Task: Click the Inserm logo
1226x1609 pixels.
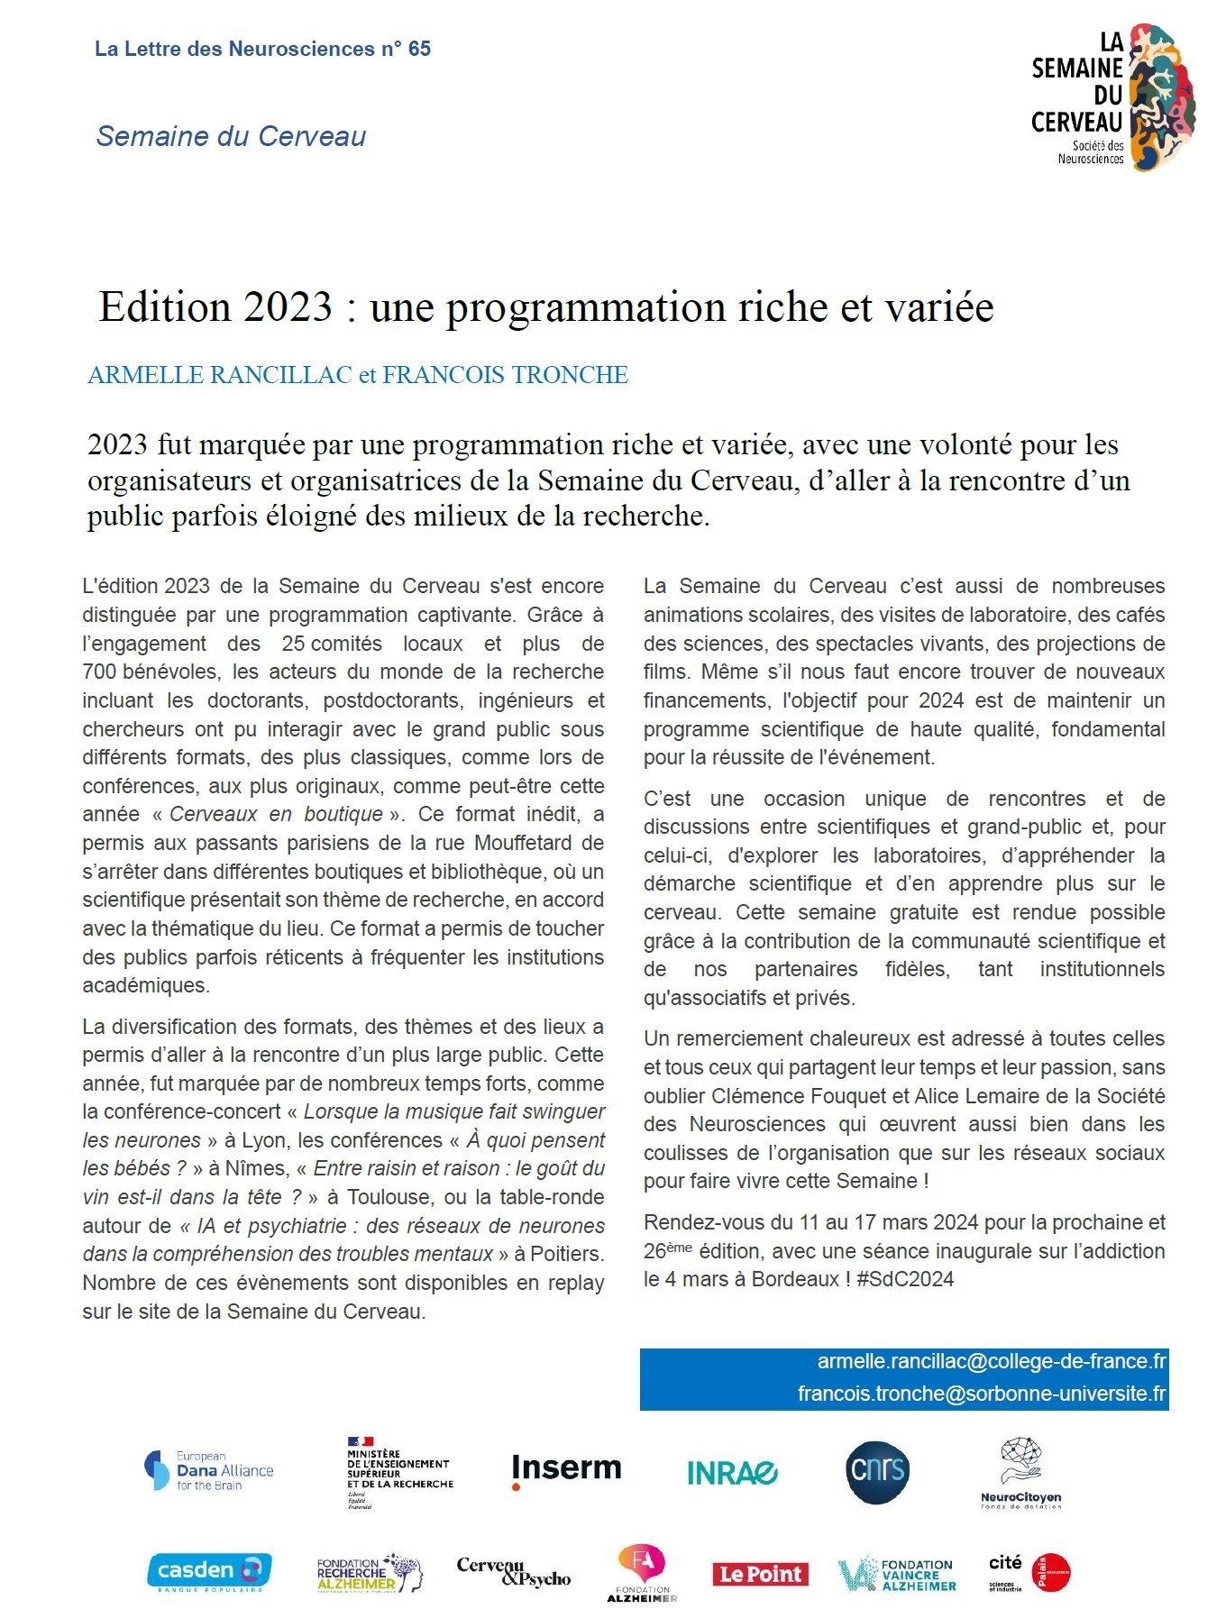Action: (566, 1469)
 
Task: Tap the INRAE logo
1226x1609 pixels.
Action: (732, 1473)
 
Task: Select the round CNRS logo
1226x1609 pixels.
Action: (877, 1472)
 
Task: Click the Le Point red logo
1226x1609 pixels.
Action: (760, 1574)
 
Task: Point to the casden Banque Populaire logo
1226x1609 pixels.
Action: (208, 1571)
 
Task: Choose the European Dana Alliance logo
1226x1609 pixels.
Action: (209, 1470)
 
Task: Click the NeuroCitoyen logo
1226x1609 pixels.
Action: (1020, 1472)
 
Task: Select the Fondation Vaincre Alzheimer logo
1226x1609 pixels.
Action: (896, 1574)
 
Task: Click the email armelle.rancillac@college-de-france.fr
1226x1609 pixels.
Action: (991, 1361)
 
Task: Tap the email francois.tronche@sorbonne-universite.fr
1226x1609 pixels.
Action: (981, 1394)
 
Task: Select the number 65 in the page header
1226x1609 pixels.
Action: (419, 49)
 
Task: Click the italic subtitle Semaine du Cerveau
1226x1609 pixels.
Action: (231, 136)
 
